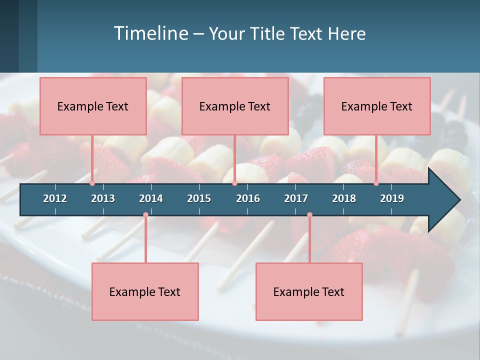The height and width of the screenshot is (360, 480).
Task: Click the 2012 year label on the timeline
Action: pos(55,198)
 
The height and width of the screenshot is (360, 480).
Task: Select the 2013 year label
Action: pos(103,198)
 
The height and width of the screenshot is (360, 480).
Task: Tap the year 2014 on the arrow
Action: pos(151,198)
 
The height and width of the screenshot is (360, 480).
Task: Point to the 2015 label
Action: pos(199,198)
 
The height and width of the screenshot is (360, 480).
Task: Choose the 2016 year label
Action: pos(248,198)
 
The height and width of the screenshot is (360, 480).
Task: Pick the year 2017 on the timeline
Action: pos(296,198)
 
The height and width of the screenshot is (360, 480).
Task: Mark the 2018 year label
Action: pos(344,198)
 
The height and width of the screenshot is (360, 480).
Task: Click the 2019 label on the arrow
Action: pos(392,198)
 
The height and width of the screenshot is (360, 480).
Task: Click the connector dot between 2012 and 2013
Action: pos(92,183)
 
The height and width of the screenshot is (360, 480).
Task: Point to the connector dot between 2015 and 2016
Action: pos(234,183)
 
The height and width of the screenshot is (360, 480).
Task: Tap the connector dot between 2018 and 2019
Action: pos(376,183)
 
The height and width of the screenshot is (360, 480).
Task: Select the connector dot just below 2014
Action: pos(145,215)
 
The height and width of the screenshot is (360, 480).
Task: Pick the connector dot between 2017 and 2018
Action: pos(309,215)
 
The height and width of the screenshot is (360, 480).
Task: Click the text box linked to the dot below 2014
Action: pos(145,291)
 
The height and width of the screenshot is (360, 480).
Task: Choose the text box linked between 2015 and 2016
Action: pos(234,106)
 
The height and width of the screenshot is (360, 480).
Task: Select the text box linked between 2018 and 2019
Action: pos(376,106)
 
